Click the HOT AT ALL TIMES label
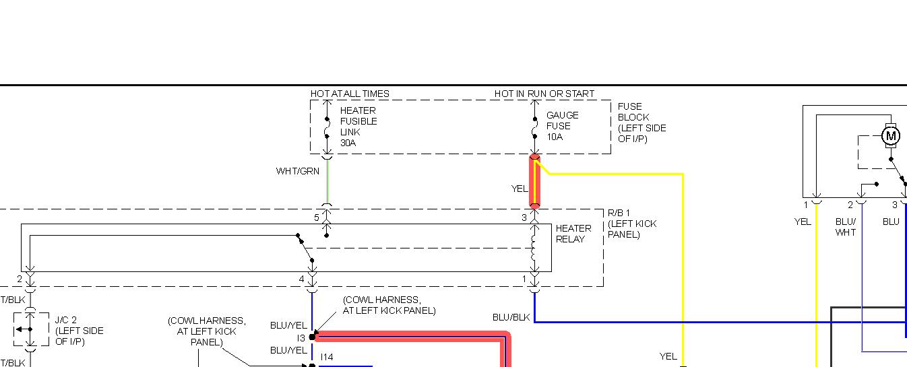pyautogui.click(x=350, y=94)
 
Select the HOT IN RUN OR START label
pyautogui.click(x=544, y=94)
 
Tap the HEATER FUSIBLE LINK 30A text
pyautogui.click(x=358, y=127)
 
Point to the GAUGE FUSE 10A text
pyautogui.click(x=563, y=126)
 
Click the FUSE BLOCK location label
pyautogui.click(x=642, y=123)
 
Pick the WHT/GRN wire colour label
pyautogui.click(x=297, y=172)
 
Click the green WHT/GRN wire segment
pyautogui.click(x=327, y=182)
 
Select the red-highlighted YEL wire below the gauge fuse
pyautogui.click(x=535, y=182)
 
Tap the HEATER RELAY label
pyautogui.click(x=573, y=234)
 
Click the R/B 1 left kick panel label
pyautogui.click(x=631, y=224)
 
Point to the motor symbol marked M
pyautogui.click(x=891, y=136)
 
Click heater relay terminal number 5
pyautogui.click(x=316, y=218)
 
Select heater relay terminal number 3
pyautogui.click(x=524, y=218)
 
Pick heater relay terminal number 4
pyautogui.click(x=302, y=279)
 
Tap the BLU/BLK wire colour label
pyautogui.click(x=511, y=317)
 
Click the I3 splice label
pyautogui.click(x=301, y=338)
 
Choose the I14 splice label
pyautogui.click(x=327, y=357)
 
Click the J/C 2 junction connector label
pyautogui.click(x=79, y=331)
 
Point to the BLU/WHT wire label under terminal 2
pyautogui.click(x=846, y=227)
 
